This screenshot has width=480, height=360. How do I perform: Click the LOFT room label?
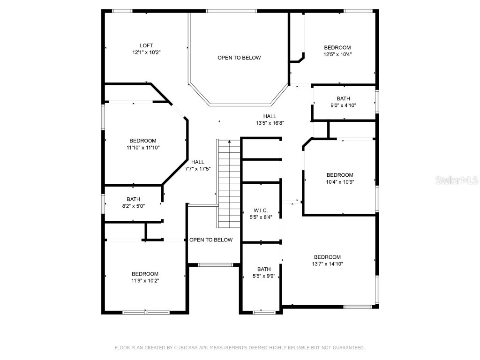146,45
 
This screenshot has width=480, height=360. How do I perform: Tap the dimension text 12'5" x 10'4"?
337,54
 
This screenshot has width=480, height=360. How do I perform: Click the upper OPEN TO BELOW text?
239,58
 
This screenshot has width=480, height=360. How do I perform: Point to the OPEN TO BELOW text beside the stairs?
211,240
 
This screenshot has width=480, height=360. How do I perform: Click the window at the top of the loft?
122,11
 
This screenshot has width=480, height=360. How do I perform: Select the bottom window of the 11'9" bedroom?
145,312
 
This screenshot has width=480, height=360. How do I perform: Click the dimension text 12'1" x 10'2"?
146,52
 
